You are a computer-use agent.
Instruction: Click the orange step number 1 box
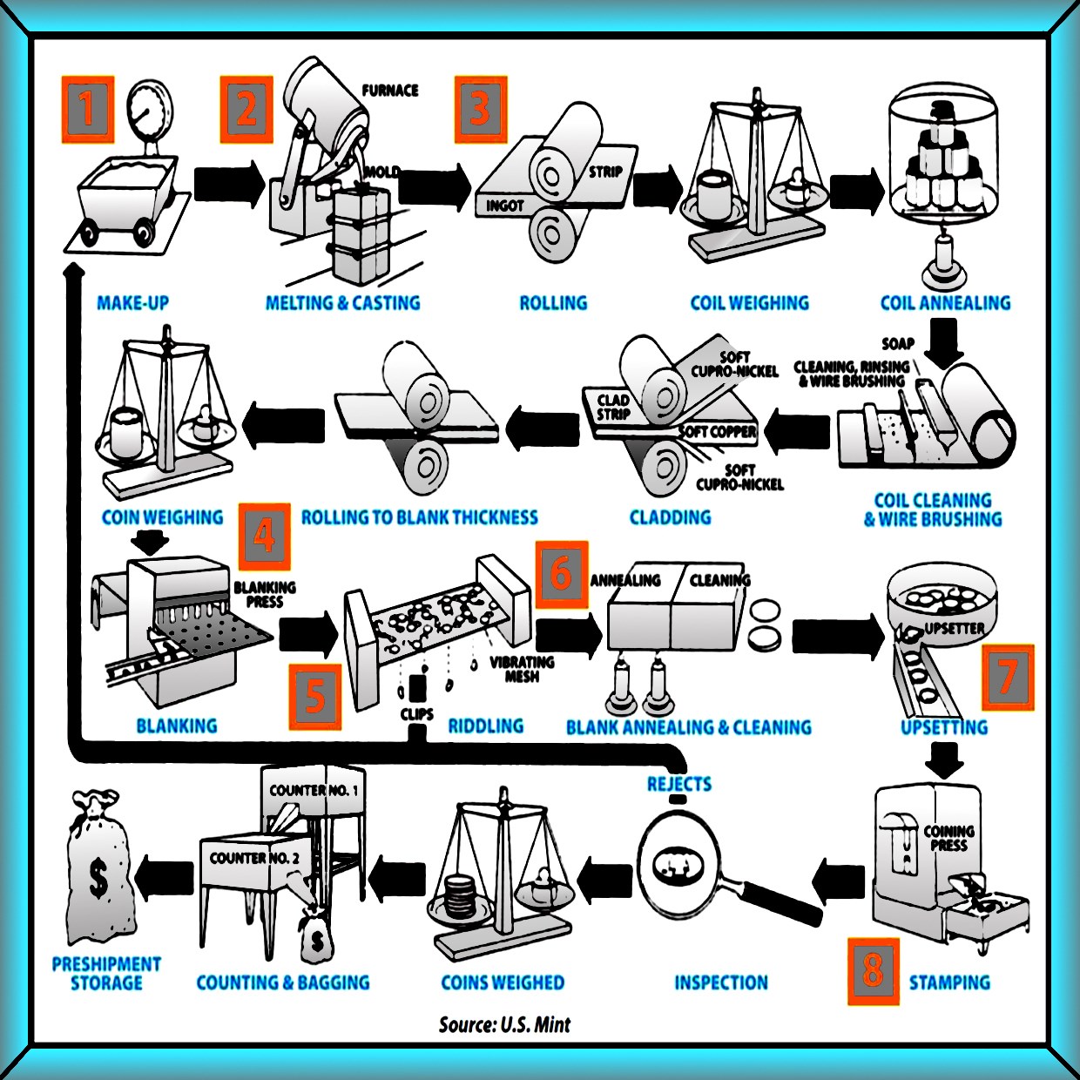88,109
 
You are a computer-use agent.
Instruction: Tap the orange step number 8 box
873,971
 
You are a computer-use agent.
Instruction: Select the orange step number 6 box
562,575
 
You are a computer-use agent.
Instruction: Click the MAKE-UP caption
133,303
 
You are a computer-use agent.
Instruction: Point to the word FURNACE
390,91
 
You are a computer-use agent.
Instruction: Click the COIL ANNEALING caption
946,303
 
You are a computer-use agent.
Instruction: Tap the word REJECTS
679,784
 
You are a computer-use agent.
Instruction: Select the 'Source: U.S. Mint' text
504,1024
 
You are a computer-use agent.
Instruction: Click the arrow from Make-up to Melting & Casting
229,183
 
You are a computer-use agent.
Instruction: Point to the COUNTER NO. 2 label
253,858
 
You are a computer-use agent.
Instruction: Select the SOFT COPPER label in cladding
718,432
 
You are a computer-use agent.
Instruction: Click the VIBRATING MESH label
522,669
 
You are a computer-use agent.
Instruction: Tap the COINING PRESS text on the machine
948,838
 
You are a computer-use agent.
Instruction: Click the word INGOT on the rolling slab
504,206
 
